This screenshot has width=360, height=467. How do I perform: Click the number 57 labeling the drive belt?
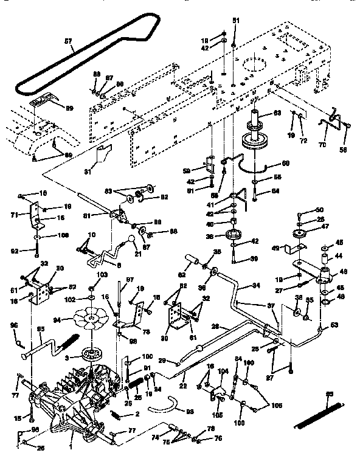[x=69, y=43]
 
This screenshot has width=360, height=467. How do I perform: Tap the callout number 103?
[x=91, y=275]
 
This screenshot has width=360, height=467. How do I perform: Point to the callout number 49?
[x=274, y=248]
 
